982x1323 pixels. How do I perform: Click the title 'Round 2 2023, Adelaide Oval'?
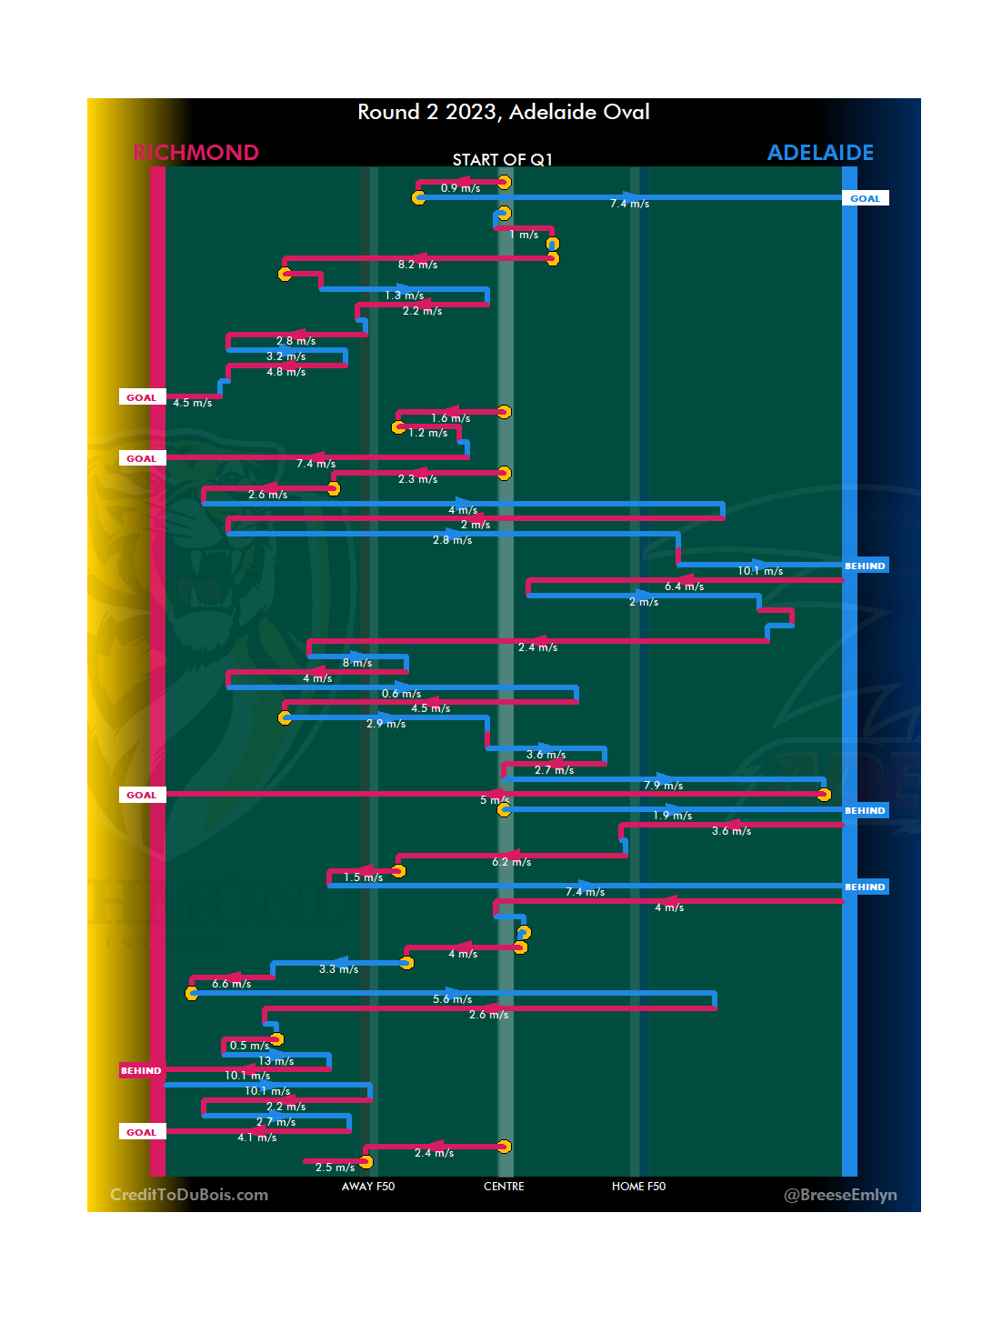(x=503, y=112)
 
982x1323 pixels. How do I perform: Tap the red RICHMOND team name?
(x=196, y=153)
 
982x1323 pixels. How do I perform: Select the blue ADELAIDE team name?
(x=820, y=153)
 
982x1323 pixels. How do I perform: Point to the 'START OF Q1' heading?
(x=503, y=160)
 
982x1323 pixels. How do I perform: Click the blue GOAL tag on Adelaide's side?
(x=865, y=198)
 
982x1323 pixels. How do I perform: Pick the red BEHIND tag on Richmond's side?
(x=141, y=1070)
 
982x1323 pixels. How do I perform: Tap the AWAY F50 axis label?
(x=368, y=1187)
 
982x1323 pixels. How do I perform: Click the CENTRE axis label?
(x=504, y=1187)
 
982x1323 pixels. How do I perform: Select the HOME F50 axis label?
(x=638, y=1187)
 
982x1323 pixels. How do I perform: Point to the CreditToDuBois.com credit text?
(x=189, y=1195)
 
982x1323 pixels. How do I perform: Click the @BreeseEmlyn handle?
(x=840, y=1195)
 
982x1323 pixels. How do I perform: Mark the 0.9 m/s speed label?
(x=460, y=188)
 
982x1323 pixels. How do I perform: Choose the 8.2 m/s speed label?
(x=417, y=265)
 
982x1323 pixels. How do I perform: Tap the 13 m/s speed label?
(x=276, y=1061)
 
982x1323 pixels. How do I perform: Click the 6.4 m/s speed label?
(x=684, y=586)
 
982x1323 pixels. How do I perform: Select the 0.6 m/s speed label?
(x=401, y=694)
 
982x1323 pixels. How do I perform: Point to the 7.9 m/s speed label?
(x=663, y=786)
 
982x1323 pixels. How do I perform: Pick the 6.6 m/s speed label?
(x=231, y=984)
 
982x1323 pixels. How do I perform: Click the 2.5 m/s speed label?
(x=335, y=1168)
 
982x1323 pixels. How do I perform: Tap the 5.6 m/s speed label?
(x=452, y=999)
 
